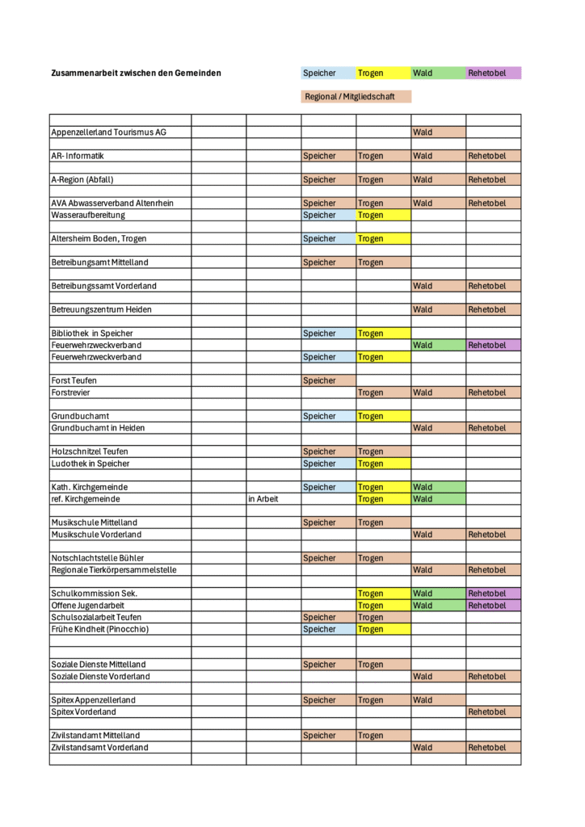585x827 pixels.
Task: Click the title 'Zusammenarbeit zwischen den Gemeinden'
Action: [136, 73]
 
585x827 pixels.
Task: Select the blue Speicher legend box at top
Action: [328, 73]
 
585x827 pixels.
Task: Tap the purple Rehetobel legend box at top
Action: [493, 73]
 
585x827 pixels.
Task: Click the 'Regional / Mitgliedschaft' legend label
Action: [356, 97]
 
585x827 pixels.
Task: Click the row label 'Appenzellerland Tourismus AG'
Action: [109, 132]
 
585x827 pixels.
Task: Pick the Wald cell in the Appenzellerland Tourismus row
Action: [438, 132]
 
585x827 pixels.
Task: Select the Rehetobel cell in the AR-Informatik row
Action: [493, 156]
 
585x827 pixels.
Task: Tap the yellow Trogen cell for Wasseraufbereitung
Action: [383, 216]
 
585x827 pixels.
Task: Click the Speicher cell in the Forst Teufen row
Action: [328, 380]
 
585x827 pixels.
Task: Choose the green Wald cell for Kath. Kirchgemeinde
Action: [438, 487]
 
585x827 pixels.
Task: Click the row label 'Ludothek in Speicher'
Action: [90, 464]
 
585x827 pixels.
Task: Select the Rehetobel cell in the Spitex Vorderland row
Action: [493, 712]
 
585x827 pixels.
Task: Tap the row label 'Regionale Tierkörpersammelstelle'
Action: [114, 570]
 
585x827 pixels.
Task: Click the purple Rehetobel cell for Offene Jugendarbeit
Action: [493, 606]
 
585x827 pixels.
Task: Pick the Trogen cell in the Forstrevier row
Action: [383, 393]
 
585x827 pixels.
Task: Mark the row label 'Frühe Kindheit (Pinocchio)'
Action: [100, 629]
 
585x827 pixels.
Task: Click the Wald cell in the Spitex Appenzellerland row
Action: [438, 700]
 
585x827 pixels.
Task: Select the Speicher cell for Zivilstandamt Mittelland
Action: [328, 736]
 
